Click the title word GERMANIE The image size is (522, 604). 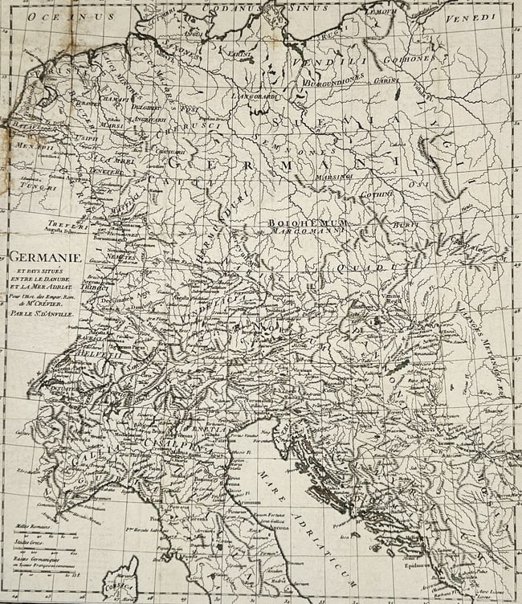(x=41, y=258)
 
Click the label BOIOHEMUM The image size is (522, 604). (x=299, y=220)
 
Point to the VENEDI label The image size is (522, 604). (x=484, y=16)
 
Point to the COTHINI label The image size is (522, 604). (x=375, y=194)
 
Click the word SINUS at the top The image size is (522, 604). (x=308, y=6)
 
